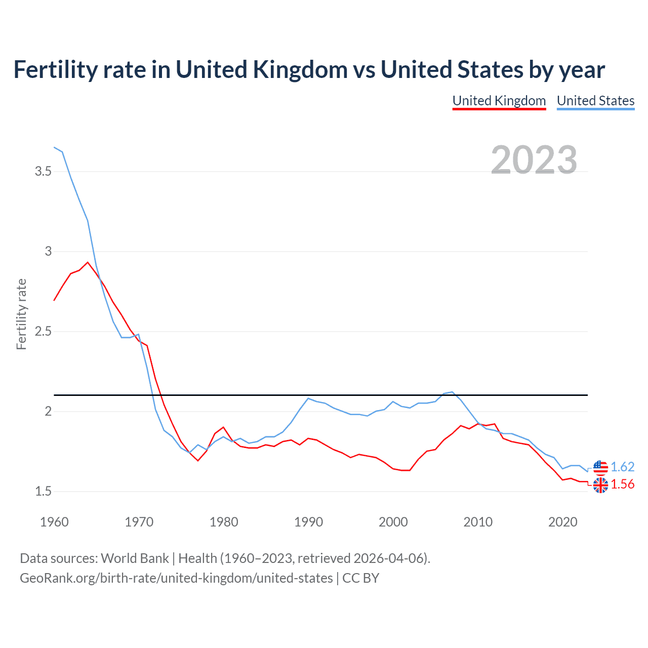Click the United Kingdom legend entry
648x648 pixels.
(499, 101)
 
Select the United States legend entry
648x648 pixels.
(595, 101)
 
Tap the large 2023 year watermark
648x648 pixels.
(534, 159)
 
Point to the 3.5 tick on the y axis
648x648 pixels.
(43, 172)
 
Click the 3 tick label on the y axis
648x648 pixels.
(48, 252)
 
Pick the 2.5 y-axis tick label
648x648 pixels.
(43, 332)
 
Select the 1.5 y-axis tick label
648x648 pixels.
(43, 492)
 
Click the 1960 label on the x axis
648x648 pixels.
(54, 522)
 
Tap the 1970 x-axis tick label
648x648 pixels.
(139, 522)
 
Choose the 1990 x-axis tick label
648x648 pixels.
(308, 522)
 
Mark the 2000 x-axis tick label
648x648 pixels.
(393, 522)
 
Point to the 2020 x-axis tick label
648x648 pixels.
(562, 522)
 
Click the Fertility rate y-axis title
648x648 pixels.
(21, 314)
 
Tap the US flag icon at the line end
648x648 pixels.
(600, 467)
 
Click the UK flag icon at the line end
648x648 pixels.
(600, 485)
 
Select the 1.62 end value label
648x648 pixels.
(622, 467)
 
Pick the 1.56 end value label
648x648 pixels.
(622, 484)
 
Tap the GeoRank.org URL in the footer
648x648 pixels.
(176, 578)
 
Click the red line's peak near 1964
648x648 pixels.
(88, 262)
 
